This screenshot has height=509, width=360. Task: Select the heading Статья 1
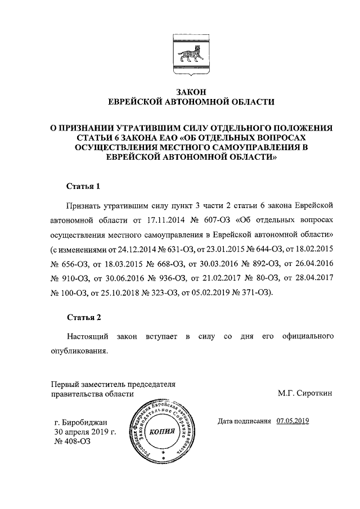click(84, 186)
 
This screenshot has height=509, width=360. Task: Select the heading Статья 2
click(84, 317)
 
